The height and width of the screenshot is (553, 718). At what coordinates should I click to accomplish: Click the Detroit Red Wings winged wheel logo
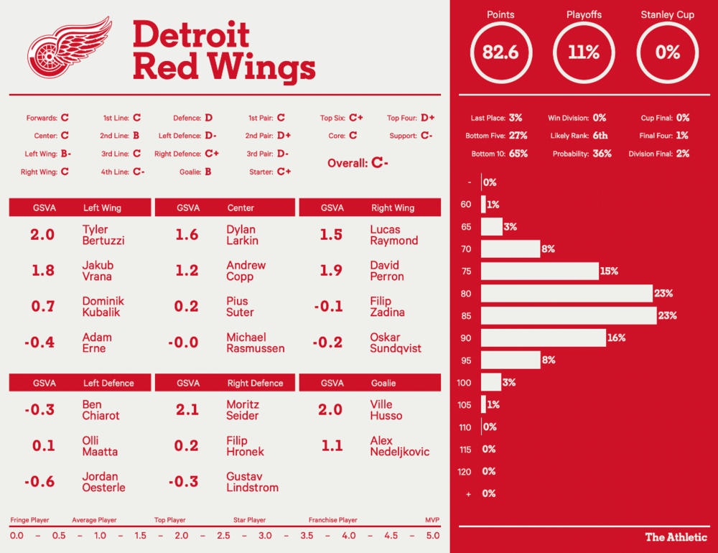tap(69, 48)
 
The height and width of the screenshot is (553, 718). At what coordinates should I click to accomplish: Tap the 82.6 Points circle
tap(500, 52)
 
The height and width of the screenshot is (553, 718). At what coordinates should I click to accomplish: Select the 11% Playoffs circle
tap(583, 52)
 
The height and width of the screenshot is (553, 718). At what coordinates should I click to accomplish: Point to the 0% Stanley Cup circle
tap(667, 52)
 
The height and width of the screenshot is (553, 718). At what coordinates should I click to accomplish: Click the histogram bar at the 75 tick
tap(539, 271)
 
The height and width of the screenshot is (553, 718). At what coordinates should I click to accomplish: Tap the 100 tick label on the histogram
tap(464, 383)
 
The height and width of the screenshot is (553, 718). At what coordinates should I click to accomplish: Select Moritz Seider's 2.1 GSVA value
tap(187, 409)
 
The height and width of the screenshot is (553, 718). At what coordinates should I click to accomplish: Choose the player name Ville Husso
tap(386, 410)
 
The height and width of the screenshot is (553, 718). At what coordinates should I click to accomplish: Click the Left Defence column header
tap(108, 383)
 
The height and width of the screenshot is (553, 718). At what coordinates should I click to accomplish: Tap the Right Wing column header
tap(392, 208)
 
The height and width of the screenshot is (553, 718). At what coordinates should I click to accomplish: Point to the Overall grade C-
tap(380, 163)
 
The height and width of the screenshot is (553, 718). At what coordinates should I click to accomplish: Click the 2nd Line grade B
tap(136, 135)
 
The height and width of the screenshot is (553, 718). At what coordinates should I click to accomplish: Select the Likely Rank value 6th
tap(600, 135)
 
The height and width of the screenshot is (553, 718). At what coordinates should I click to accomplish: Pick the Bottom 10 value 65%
tap(518, 154)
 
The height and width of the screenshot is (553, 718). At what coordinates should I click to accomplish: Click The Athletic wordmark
tap(676, 536)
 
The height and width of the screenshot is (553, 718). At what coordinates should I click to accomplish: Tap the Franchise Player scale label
tap(332, 520)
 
